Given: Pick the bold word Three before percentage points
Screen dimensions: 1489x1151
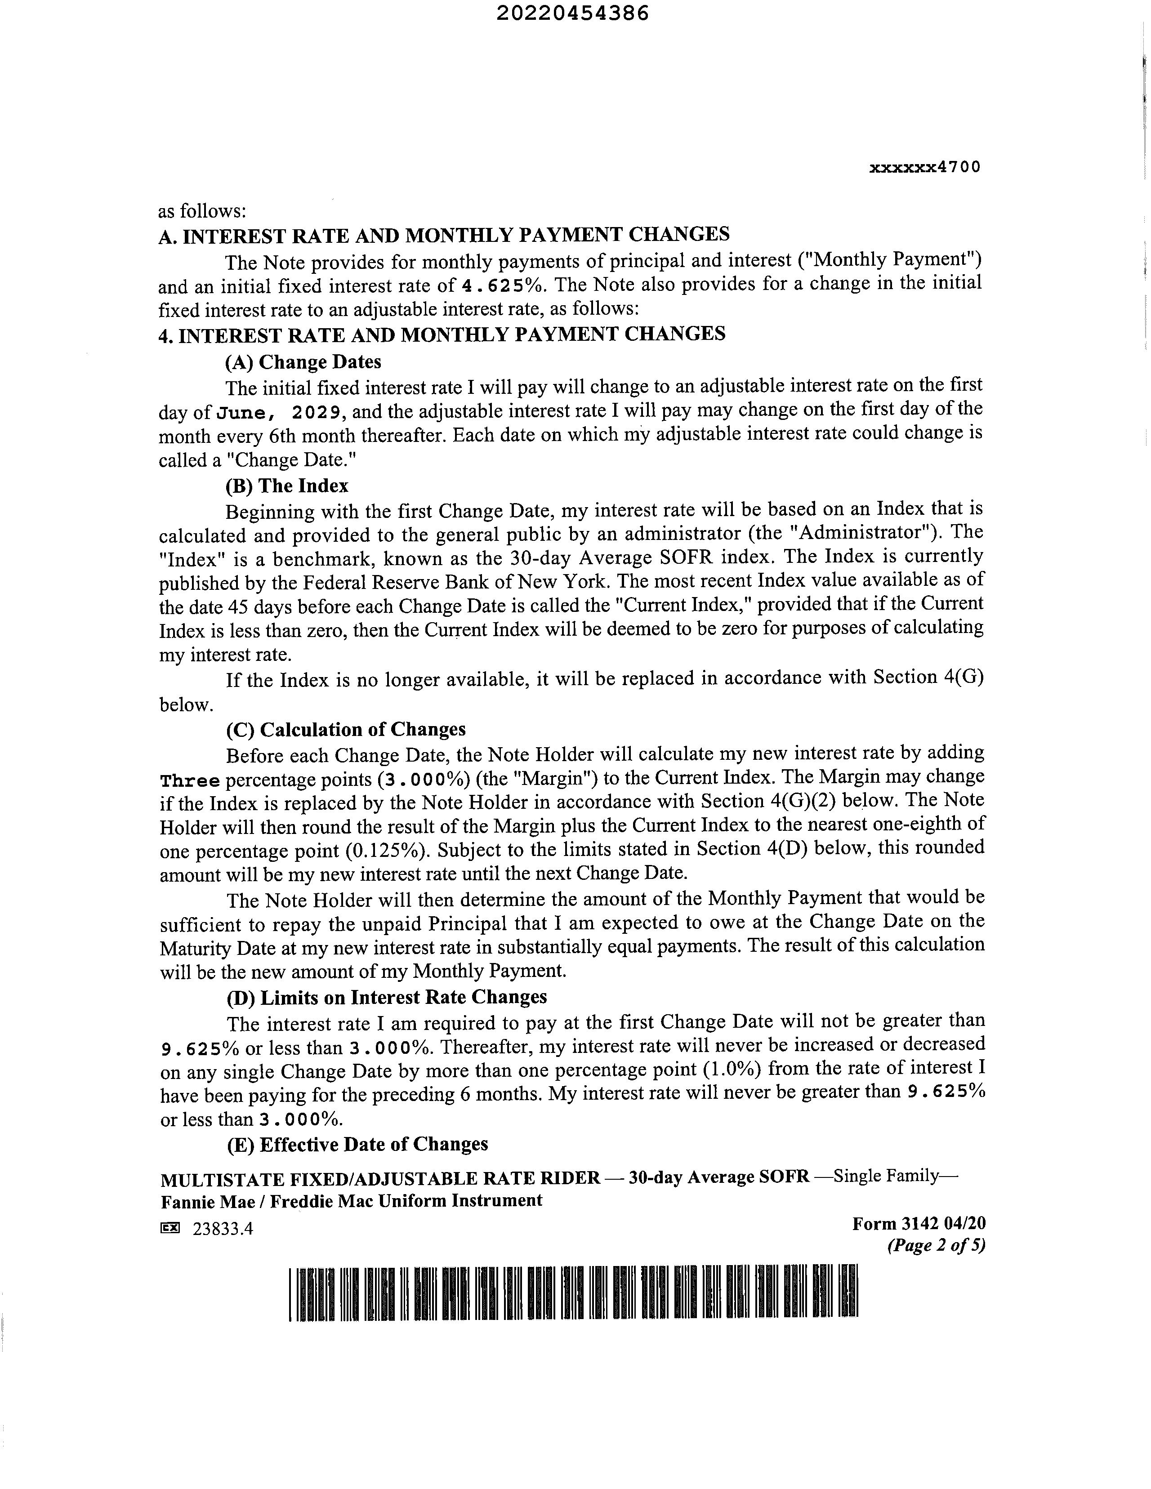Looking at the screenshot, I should [190, 780].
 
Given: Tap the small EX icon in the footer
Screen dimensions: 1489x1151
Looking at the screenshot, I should [170, 1228].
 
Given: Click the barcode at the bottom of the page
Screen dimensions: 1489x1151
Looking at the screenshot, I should [573, 1292].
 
